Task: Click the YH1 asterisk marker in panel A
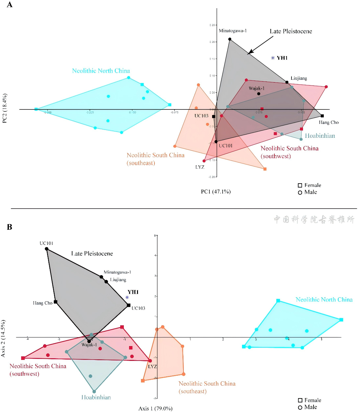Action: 273,58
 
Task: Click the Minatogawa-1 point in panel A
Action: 230,39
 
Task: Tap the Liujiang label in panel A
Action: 299,78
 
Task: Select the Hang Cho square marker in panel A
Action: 322,116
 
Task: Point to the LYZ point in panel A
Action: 204,161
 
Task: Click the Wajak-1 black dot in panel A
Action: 259,94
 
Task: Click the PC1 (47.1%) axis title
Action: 216,192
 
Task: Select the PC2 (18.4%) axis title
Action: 5,108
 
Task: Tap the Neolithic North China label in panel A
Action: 101,71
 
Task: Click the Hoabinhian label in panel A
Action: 319,136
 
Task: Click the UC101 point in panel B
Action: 47,249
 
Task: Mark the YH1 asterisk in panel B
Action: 127,297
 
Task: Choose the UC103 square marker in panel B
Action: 128,305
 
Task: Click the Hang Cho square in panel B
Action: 56,302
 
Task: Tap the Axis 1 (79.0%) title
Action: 155,409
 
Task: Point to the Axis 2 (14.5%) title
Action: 3,338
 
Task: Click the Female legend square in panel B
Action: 300,400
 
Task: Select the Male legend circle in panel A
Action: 300,193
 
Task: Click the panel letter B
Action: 10,227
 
